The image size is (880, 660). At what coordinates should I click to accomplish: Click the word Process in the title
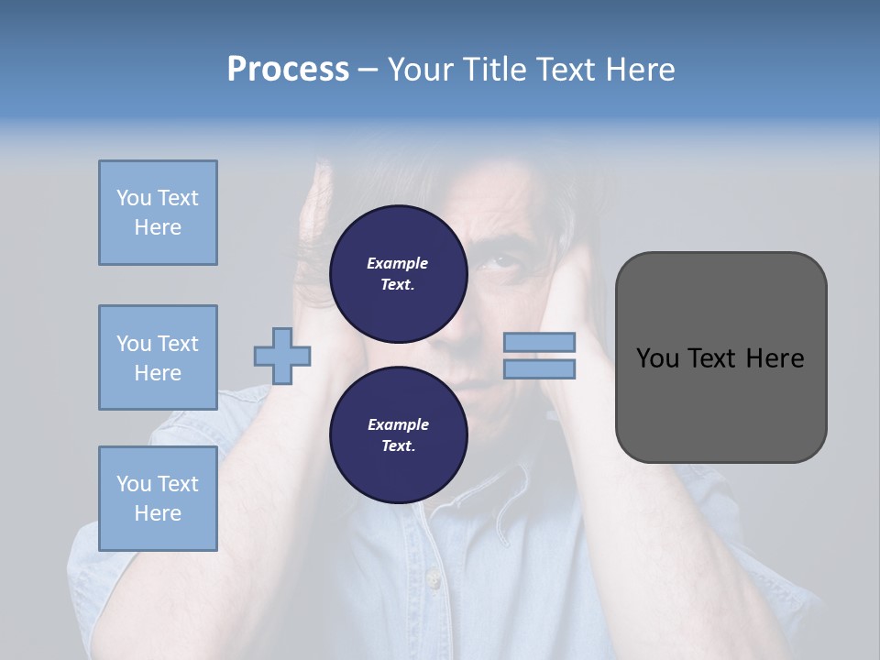pyautogui.click(x=288, y=70)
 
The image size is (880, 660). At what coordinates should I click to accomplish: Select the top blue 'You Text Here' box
pyautogui.click(x=158, y=213)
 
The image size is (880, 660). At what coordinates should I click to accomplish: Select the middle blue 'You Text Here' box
pyautogui.click(x=158, y=357)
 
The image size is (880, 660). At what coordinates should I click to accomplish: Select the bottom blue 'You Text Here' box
pyautogui.click(x=158, y=499)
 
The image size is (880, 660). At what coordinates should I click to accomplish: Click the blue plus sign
pyautogui.click(x=282, y=356)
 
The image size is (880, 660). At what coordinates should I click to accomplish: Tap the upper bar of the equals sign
pyautogui.click(x=539, y=342)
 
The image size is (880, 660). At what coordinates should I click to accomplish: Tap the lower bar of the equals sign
pyautogui.click(x=539, y=368)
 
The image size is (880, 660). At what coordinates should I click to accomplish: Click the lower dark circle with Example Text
pyautogui.click(x=398, y=435)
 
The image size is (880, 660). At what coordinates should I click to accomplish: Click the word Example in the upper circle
pyautogui.click(x=398, y=263)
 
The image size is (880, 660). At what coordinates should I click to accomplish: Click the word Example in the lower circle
pyautogui.click(x=398, y=424)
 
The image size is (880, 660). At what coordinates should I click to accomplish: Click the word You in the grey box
pyautogui.click(x=657, y=358)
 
